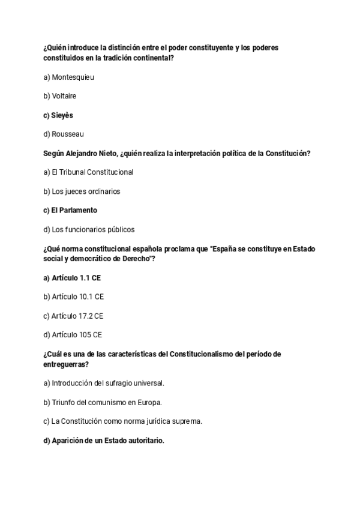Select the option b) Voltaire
[x=60, y=96]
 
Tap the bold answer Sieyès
[x=58, y=115]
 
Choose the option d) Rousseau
[x=64, y=134]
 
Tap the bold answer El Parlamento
[x=70, y=210]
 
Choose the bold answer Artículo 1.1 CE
[x=71, y=278]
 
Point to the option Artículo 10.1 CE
[x=74, y=297]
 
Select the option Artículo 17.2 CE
[x=74, y=316]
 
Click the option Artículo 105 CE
[x=73, y=335]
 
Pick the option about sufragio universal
[x=104, y=383]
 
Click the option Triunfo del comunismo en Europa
[x=103, y=402]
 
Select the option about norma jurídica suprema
[x=122, y=421]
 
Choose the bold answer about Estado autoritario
[x=104, y=441]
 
